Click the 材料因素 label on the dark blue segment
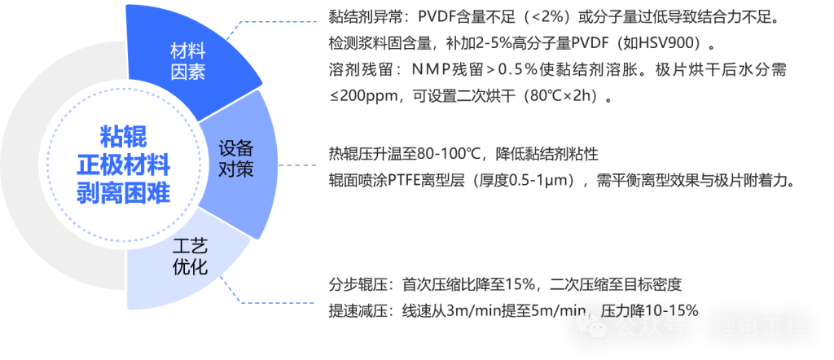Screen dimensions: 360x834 [187, 62]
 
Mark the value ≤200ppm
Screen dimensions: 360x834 [358, 96]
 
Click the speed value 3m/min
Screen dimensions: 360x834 [473, 310]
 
